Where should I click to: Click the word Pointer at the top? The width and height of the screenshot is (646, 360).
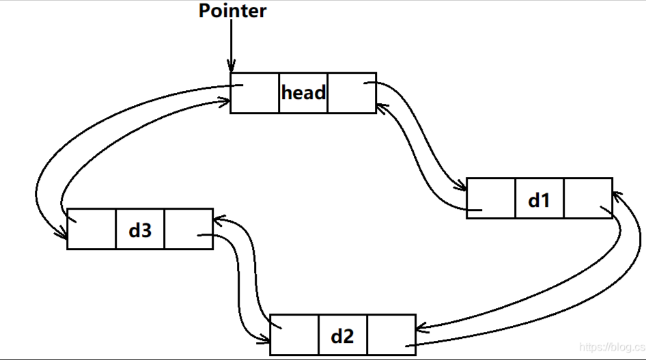pyautogui.click(x=232, y=11)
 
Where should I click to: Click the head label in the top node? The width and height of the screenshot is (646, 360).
pyautogui.click(x=303, y=93)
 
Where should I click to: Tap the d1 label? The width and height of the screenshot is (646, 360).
pyautogui.click(x=539, y=199)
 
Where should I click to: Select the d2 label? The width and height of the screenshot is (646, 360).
pyautogui.click(x=342, y=335)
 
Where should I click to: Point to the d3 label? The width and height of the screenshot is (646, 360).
pyautogui.click(x=140, y=230)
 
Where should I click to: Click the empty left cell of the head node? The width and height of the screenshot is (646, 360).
pyautogui.click(x=255, y=93)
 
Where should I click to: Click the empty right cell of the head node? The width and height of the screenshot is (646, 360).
pyautogui.click(x=352, y=93)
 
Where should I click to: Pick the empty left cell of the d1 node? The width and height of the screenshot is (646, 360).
pyautogui.click(x=491, y=199)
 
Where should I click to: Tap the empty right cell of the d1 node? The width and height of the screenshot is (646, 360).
pyautogui.click(x=588, y=199)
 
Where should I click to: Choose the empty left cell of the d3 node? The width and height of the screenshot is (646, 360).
pyautogui.click(x=92, y=230)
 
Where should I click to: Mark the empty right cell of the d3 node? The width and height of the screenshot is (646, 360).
pyautogui.click(x=188, y=230)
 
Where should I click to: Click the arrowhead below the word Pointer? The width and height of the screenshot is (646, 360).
pyautogui.click(x=231, y=66)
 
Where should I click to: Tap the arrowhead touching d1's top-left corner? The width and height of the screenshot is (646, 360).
pyautogui.click(x=462, y=186)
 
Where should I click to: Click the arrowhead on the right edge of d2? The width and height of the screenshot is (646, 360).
pyautogui.click(x=421, y=329)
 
